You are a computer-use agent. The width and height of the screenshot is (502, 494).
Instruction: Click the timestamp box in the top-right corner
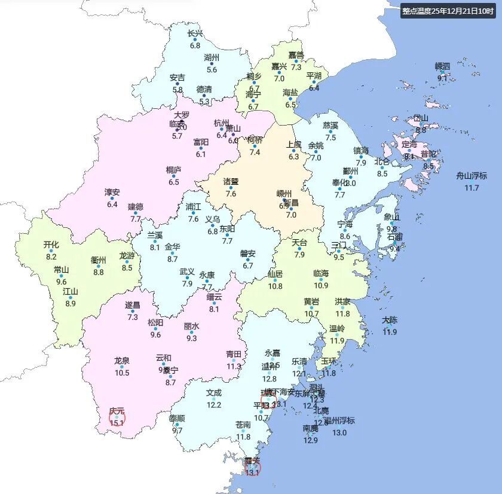click(x=448, y=11)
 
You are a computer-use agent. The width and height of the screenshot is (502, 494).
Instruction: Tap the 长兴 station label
click(x=195, y=33)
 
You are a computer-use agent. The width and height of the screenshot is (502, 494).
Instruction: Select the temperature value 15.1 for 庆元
click(x=117, y=422)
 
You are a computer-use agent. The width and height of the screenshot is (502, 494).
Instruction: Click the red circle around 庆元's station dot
click(x=117, y=417)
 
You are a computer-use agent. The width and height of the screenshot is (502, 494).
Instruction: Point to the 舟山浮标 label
click(x=472, y=176)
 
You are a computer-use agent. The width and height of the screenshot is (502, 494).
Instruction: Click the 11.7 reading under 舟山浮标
click(x=472, y=188)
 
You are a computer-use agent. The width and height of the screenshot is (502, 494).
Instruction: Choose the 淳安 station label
click(x=112, y=193)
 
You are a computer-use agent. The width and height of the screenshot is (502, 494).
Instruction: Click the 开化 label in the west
click(x=51, y=245)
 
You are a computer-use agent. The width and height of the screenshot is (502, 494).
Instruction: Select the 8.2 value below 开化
click(x=51, y=257)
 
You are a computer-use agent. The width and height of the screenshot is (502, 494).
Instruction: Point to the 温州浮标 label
click(x=339, y=420)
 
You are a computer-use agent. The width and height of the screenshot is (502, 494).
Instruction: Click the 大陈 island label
click(x=390, y=320)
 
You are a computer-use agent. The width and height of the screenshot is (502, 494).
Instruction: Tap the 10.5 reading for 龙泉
click(x=122, y=373)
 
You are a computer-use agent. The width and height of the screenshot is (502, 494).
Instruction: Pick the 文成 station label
click(x=214, y=393)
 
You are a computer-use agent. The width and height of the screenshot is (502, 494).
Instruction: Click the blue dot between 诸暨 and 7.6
click(x=231, y=187)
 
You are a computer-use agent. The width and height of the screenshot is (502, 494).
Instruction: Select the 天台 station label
click(x=299, y=243)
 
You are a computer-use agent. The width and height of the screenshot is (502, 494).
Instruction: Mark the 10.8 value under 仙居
click(x=275, y=286)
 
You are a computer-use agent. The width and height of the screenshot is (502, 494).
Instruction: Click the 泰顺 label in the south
click(x=177, y=418)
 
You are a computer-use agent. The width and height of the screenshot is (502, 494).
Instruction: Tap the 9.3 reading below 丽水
click(x=191, y=338)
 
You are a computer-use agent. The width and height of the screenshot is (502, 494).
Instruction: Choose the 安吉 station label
click(x=177, y=78)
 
